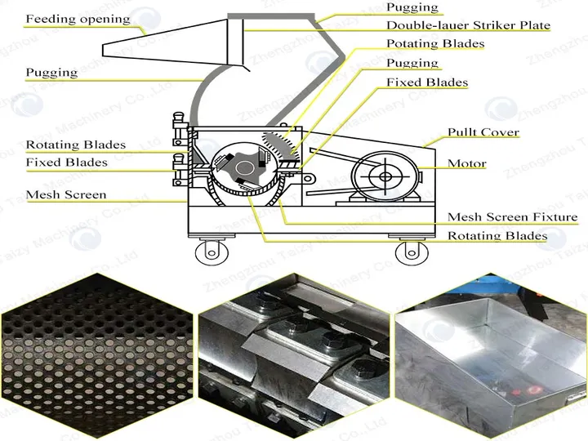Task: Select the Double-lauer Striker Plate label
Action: tap(468, 25)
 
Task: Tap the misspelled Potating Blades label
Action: tap(435, 43)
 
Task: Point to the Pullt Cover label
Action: tap(483, 132)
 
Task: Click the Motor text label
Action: tap(466, 163)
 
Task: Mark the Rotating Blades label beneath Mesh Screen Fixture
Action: tap(497, 236)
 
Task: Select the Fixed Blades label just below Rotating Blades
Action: tap(66, 163)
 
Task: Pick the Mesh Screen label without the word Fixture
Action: tap(65, 195)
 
